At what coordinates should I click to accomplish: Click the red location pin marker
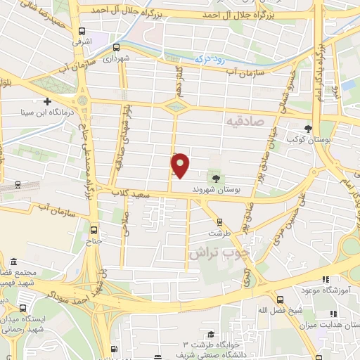click(x=181, y=165)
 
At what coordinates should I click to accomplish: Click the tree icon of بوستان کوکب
click(x=307, y=128)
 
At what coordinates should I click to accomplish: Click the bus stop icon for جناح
click(x=94, y=229)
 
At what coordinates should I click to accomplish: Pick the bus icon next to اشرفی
click(x=83, y=32)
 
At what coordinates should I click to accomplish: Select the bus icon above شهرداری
click(x=116, y=48)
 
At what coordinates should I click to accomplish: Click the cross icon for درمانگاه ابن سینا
click(x=48, y=103)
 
